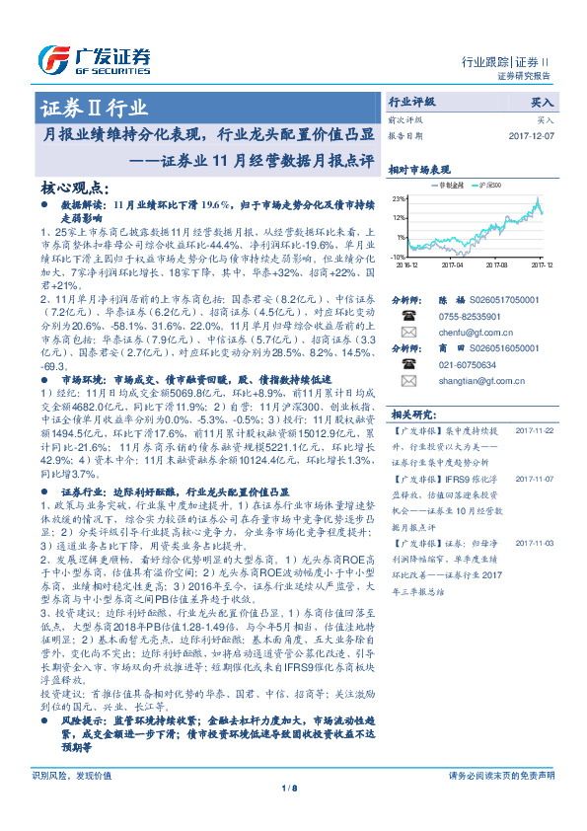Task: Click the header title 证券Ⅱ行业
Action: click(94, 109)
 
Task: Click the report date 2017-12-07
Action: click(532, 136)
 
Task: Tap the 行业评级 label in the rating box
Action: click(413, 101)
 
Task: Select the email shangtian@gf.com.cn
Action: click(473, 393)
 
